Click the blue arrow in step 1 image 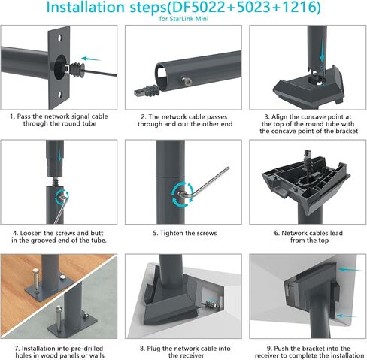[91, 58]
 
